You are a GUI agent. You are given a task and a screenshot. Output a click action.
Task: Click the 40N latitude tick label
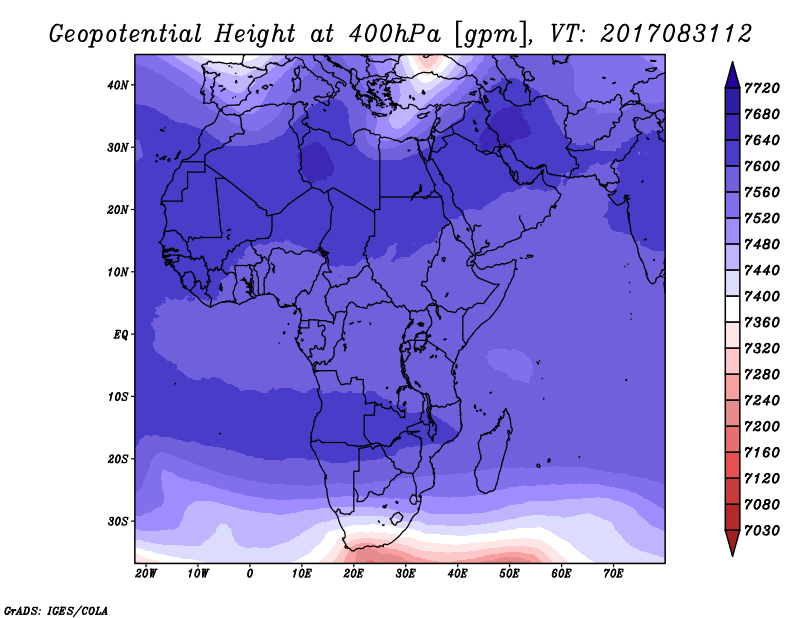[118, 85]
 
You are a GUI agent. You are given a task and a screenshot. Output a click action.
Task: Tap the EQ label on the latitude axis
[121, 335]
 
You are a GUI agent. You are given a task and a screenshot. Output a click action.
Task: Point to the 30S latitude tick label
[118, 522]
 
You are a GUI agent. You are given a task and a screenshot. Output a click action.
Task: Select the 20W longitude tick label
[146, 574]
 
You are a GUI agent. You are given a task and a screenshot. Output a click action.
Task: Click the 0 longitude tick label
[249, 574]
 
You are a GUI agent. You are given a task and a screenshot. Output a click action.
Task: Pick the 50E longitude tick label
[509, 574]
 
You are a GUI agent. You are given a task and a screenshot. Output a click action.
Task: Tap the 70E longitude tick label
[613, 574]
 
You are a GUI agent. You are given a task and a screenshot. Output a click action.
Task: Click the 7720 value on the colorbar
[762, 88]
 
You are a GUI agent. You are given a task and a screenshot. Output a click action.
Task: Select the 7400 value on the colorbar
[762, 296]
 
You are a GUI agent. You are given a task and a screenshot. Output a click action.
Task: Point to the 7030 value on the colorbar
[762, 531]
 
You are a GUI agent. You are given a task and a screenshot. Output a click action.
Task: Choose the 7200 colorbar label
[762, 427]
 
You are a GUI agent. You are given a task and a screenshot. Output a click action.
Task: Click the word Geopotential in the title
[126, 35]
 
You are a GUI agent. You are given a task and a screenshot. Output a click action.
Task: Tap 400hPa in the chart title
[394, 34]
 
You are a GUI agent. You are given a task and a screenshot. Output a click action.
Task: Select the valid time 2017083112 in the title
[676, 34]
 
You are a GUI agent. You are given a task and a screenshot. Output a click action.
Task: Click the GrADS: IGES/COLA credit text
[56, 611]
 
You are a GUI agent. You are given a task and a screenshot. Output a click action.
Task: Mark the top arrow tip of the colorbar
[732, 62]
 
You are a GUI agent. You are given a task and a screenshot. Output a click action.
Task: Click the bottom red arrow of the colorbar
[732, 543]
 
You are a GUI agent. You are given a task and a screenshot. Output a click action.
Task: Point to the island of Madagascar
[494, 451]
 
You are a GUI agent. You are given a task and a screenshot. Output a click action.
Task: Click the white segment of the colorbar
[732, 309]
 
